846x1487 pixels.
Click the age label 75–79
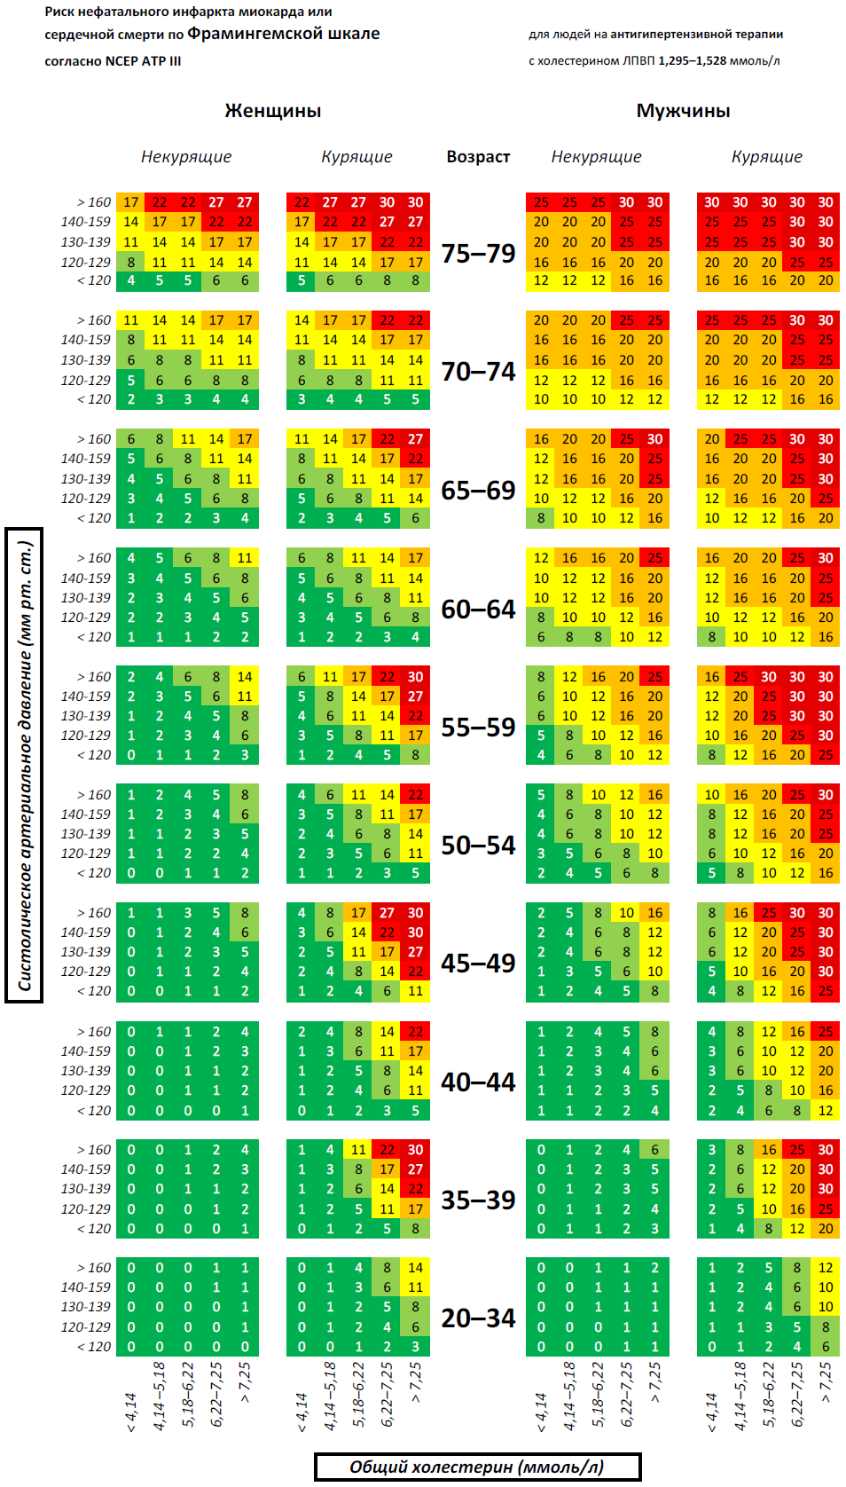pos(478,254)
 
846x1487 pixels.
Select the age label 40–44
pos(478,1082)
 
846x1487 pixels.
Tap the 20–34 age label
pos(478,1318)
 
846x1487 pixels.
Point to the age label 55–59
pos(478,728)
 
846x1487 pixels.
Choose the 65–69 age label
pos(478,491)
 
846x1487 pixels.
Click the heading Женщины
pos(272,111)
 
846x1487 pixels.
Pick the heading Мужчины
pos(683,111)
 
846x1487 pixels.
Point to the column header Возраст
pos(478,157)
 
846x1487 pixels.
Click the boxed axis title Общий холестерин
pos(477,1467)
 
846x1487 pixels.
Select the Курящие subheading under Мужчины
pos(766,157)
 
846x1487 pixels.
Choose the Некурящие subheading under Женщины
pos(186,157)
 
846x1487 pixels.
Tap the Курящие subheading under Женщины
pos(356,157)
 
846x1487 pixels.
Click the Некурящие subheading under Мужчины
pos(596,157)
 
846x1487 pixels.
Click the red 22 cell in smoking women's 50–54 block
pos(416,795)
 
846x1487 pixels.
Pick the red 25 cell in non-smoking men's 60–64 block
pos(655,558)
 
